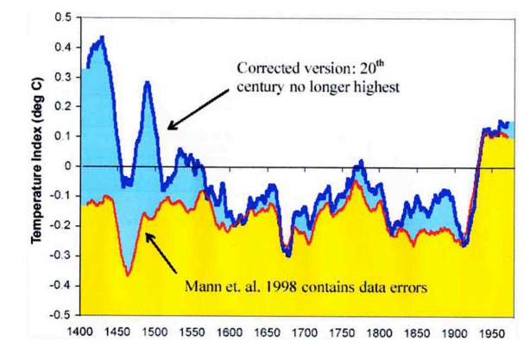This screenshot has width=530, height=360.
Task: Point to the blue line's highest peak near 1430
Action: tap(103, 37)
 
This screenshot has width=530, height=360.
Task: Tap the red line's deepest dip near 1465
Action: tap(128, 275)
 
